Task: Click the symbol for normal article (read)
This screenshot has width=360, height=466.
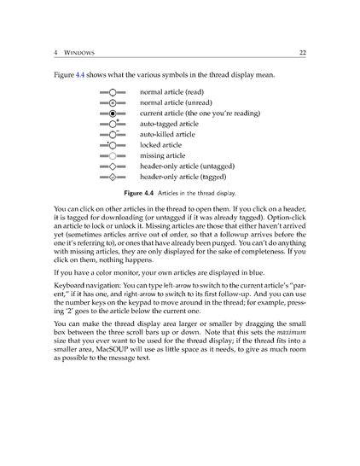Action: [112, 91]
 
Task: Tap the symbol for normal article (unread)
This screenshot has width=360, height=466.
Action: [112, 102]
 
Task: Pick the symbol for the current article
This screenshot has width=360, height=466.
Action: [112, 114]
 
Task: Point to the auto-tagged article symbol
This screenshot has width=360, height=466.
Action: [112, 124]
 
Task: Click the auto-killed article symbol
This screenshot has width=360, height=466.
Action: [112, 135]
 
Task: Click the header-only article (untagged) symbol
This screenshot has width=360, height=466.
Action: [112, 167]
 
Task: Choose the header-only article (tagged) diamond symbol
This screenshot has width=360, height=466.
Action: [112, 178]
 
